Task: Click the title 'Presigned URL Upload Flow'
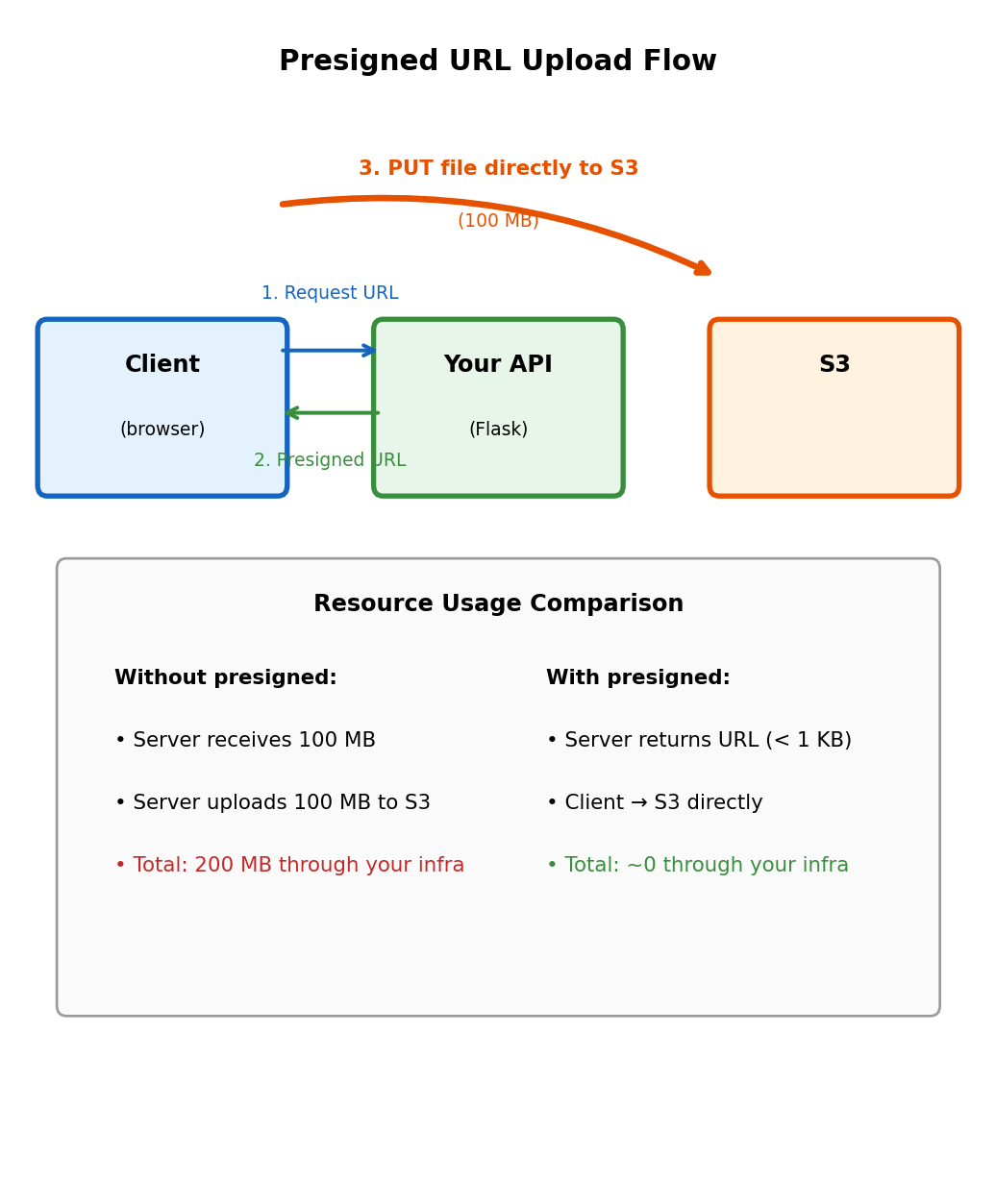tap(497, 61)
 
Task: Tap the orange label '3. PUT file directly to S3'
tap(498, 169)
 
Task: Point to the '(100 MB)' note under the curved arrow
tap(498, 221)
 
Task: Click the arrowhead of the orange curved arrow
tap(703, 269)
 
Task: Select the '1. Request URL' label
tap(330, 293)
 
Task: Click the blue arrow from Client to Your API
tap(329, 351)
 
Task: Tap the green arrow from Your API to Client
tap(332, 413)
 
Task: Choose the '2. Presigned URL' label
tap(330, 460)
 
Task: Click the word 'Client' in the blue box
tap(162, 365)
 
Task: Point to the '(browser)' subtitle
tap(162, 430)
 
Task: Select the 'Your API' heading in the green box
tap(498, 365)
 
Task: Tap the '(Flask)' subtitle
tap(498, 430)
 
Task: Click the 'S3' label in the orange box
tap(834, 365)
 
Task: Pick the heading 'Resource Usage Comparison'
tap(498, 604)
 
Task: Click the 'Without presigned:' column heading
tap(226, 678)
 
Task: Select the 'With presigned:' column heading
tap(638, 678)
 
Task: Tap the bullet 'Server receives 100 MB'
tap(245, 741)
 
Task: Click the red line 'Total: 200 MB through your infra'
tap(289, 866)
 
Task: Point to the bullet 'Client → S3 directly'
tap(655, 803)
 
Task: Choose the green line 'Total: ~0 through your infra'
tap(698, 866)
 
